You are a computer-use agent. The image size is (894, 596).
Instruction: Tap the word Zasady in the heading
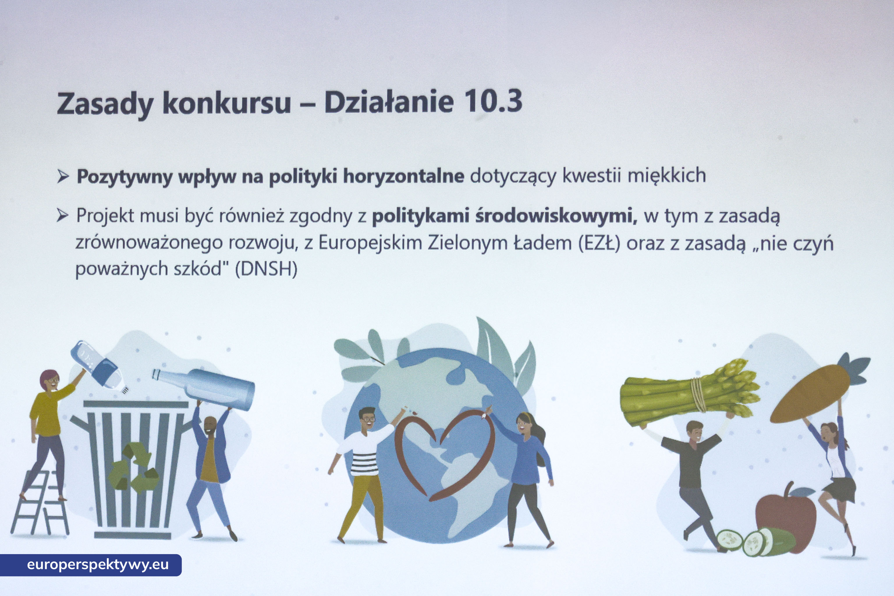105,104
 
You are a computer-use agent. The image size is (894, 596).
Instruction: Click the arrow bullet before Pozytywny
63,176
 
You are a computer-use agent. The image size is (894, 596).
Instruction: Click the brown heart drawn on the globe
445,454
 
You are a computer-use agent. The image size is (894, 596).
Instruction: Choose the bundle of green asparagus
690,393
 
